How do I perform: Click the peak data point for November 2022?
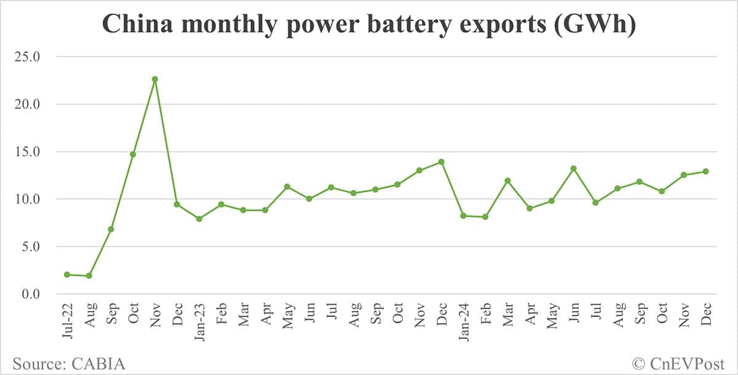click(x=155, y=79)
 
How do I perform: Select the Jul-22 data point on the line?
click(x=67, y=275)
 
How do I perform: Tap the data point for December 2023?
click(x=441, y=162)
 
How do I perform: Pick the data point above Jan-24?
click(x=463, y=216)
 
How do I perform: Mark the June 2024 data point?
click(x=573, y=169)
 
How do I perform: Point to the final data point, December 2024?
click(x=705, y=171)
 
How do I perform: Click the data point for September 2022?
click(x=111, y=229)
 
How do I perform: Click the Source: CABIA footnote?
click(x=69, y=363)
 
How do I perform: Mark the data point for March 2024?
click(x=507, y=180)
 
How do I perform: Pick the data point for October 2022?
click(x=133, y=154)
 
